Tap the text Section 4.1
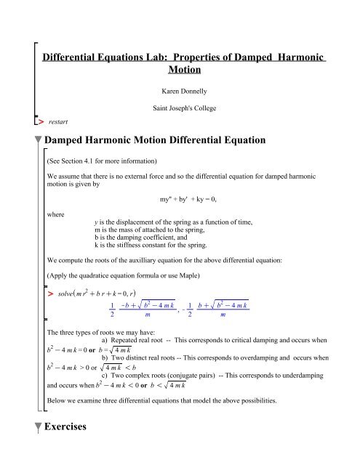tap(79, 163)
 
